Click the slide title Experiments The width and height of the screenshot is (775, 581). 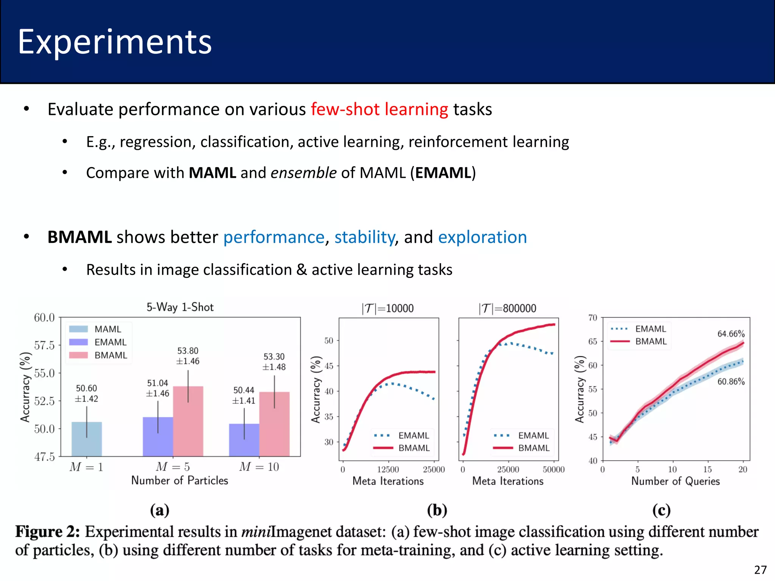[x=115, y=42]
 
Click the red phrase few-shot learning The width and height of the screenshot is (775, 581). [x=380, y=109]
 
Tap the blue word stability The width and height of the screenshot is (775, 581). [x=364, y=237]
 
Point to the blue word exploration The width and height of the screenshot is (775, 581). [x=482, y=237]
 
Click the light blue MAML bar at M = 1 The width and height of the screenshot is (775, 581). [x=87, y=439]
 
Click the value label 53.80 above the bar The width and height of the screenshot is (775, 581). [x=188, y=351]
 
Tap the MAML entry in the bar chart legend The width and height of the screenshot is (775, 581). [x=107, y=329]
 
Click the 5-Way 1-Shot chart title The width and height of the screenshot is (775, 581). [x=180, y=307]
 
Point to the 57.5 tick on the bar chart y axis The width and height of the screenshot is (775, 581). [x=44, y=345]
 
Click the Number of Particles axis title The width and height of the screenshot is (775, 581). [x=180, y=480]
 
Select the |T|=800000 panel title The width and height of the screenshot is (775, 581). [x=507, y=309]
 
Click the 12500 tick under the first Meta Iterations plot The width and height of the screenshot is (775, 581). [x=388, y=469]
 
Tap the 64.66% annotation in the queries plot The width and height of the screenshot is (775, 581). [x=731, y=334]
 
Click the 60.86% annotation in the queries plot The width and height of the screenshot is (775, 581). [x=731, y=381]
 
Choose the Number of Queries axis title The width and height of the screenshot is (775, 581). [x=675, y=481]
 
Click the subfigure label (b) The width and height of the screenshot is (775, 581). [x=437, y=510]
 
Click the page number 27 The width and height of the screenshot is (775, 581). [x=760, y=570]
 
